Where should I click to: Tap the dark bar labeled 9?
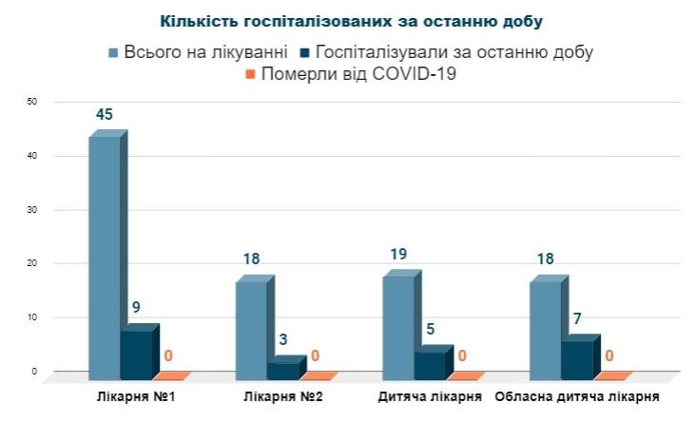(x=136, y=354)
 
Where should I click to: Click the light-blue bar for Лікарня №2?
(x=251, y=327)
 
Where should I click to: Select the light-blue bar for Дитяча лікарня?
(x=398, y=324)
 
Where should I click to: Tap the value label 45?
(x=105, y=115)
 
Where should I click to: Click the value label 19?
(x=398, y=255)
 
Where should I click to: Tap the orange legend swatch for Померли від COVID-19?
(x=250, y=75)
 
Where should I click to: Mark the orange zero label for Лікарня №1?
(x=168, y=356)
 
